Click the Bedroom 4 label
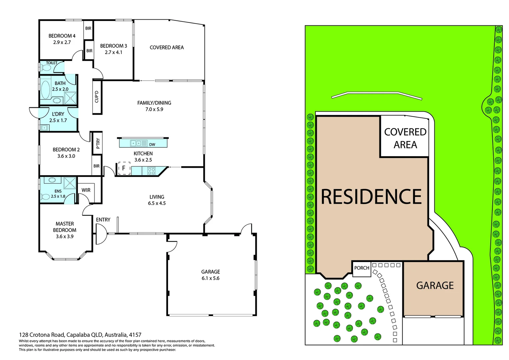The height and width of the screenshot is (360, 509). [62, 36]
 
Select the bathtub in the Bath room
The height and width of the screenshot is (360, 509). [46, 89]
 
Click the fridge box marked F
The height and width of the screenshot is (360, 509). [124, 168]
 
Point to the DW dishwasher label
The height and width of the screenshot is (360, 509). [152, 145]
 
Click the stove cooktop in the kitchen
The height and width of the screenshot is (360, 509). [151, 171]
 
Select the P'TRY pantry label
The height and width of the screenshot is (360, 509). [98, 143]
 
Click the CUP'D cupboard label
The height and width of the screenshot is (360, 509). [97, 97]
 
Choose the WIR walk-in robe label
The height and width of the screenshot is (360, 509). [86, 190]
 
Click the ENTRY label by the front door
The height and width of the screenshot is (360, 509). [103, 220]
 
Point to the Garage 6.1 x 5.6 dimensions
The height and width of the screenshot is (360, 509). [210, 278]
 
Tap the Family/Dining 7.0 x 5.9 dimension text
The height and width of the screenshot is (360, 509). [154, 109]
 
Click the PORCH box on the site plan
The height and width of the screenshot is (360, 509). [362, 268]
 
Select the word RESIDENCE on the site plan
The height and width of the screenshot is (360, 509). [371, 197]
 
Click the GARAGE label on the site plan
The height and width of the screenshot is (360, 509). [435, 286]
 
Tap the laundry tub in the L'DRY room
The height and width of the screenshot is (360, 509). [44, 127]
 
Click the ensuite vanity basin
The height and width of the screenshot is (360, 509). [52, 180]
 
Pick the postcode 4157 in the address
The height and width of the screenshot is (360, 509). [135, 335]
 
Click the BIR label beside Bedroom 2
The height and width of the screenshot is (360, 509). [96, 166]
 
